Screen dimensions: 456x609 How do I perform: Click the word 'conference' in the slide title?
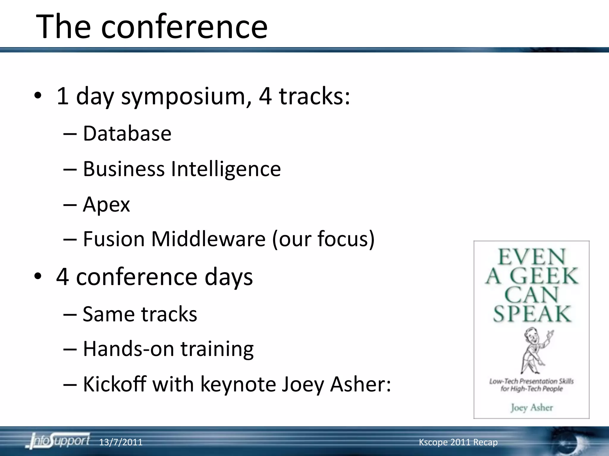pos(184,27)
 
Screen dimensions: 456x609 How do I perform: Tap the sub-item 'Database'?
pos(127,134)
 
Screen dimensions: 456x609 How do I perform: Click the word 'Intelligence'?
pos(226,169)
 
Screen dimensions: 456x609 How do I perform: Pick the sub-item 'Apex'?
pos(106,205)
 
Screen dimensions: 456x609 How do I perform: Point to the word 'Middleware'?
pos(208,239)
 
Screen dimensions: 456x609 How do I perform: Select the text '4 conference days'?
pos(154,277)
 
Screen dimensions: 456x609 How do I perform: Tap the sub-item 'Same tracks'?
pos(140,314)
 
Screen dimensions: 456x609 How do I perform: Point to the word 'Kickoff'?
pos(114,384)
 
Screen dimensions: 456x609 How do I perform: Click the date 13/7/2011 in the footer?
pos(120,442)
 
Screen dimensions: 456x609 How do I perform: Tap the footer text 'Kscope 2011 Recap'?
pos(458,442)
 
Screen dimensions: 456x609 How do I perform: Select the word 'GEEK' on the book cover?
pos(544,276)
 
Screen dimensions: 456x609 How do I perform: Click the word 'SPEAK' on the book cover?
pos(532,314)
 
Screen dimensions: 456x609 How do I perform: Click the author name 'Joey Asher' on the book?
pos(532,407)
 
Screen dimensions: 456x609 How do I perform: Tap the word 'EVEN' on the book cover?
pos(531,257)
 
